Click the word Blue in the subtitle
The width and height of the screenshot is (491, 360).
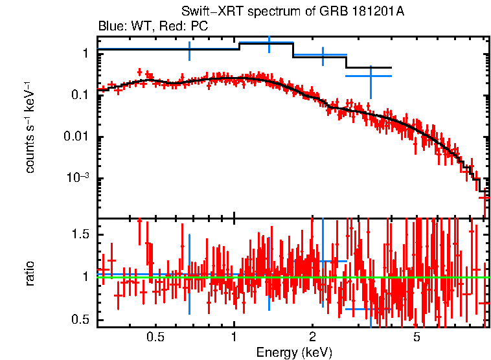(x=109, y=27)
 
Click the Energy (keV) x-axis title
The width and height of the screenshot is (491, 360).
(x=294, y=352)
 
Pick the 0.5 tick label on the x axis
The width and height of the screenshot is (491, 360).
(x=155, y=337)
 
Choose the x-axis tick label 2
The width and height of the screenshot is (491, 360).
(x=312, y=337)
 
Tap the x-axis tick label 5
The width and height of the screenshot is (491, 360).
(x=417, y=337)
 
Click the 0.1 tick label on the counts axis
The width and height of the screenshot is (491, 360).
(x=80, y=95)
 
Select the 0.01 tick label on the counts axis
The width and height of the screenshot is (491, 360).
(x=77, y=137)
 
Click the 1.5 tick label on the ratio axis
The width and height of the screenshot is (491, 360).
(x=80, y=234)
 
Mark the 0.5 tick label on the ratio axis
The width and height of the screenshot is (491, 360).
(x=80, y=319)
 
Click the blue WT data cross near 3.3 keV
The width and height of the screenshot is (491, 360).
(x=371, y=76)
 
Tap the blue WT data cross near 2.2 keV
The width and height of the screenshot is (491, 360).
(x=323, y=55)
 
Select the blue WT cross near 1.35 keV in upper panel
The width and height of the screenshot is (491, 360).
(x=269, y=43)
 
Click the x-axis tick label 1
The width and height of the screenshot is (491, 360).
(x=234, y=337)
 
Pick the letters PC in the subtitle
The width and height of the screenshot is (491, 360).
(x=200, y=27)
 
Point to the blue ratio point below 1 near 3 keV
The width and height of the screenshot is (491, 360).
(x=358, y=309)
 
